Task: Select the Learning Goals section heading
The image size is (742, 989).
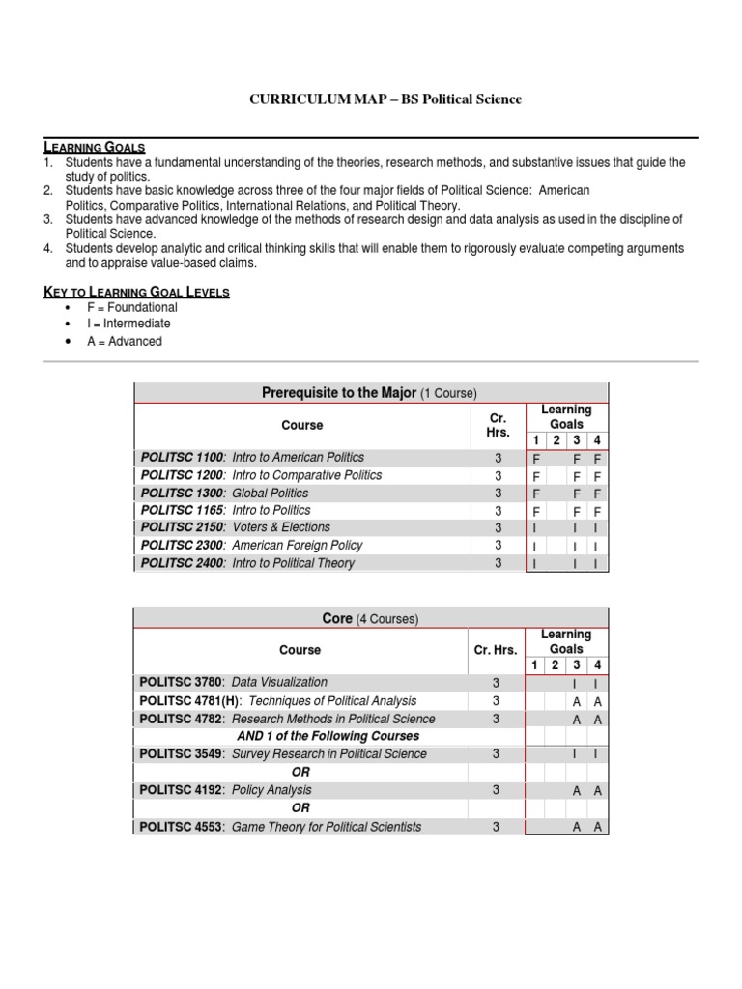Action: pos(94,147)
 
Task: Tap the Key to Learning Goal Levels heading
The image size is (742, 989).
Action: pos(136,292)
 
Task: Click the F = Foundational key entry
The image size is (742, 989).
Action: pos(131,307)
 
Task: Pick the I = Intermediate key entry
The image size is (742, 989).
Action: pos(128,324)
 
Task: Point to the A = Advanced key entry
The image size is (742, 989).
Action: pos(124,341)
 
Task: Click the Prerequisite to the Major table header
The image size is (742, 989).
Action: pos(370,393)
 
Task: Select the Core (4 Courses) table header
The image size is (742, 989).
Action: pos(370,618)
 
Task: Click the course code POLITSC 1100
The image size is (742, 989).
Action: pos(183,457)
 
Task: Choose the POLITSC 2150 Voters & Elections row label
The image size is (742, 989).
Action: pos(235,527)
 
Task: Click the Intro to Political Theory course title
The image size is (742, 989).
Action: pos(294,563)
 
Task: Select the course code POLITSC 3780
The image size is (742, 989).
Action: pos(182,682)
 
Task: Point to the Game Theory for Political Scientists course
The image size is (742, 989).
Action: pos(327,827)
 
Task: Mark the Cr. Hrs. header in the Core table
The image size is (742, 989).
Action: pos(496,650)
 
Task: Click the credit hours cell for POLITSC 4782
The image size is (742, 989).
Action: pos(496,719)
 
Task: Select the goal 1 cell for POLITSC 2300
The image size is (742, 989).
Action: pos(536,546)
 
